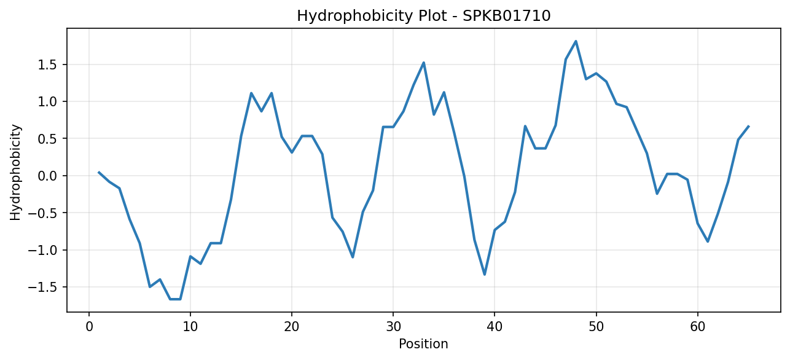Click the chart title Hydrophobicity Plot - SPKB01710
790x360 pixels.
pos(424,16)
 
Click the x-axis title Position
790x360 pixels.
pos(423,344)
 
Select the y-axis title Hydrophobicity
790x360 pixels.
pos(15,173)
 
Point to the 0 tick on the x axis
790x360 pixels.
pos(89,327)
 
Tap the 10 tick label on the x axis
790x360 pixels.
pos(190,327)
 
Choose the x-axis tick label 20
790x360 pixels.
pos(292,327)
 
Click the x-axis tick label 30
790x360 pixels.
pos(393,327)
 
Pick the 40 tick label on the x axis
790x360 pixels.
pos(495,327)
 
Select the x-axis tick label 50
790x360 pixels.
pos(596,327)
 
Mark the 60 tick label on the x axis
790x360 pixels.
pos(698,327)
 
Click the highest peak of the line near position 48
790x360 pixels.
pos(576,41)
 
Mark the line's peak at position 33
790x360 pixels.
pos(424,63)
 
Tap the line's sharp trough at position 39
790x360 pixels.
pos(485,275)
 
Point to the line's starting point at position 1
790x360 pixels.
pos(99,172)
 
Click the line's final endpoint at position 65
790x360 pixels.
pos(748,126)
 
